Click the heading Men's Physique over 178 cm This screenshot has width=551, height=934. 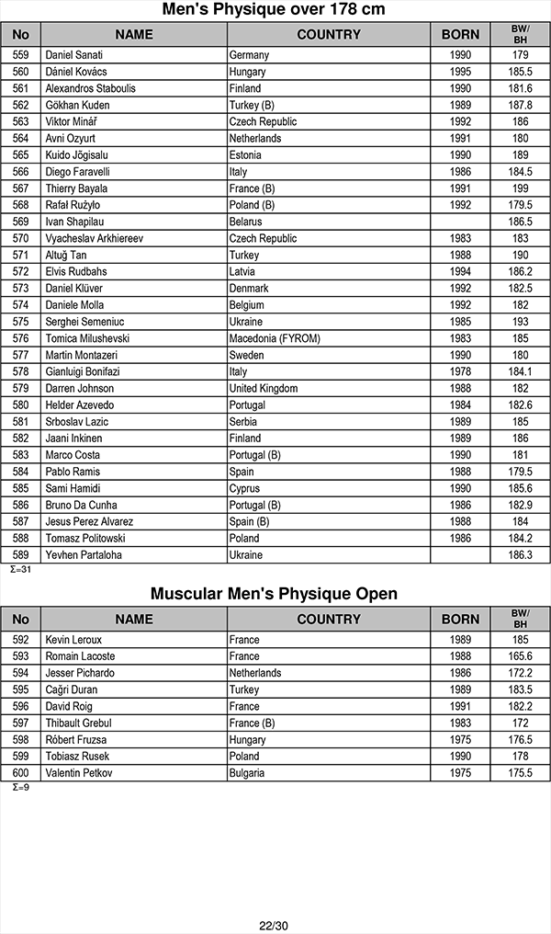[274, 10]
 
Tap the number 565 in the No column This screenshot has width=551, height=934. [21, 155]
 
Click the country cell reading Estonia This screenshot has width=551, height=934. [245, 155]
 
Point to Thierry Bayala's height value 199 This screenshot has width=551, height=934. [521, 188]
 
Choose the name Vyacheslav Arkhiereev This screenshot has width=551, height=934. [96, 239]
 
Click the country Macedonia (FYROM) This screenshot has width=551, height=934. [275, 338]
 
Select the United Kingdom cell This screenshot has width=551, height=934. [264, 389]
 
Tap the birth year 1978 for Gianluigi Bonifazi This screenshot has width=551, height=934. [460, 372]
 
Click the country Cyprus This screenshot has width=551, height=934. [244, 489]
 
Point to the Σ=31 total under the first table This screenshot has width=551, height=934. [20, 570]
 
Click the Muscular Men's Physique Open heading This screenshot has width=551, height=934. [274, 594]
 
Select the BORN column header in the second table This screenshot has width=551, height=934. [460, 620]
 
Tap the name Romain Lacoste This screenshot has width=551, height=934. [80, 656]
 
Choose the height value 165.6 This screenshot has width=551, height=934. [521, 656]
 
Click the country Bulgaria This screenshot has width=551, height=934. [247, 773]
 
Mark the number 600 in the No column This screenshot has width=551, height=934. [21, 773]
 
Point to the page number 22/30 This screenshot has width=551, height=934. [274, 925]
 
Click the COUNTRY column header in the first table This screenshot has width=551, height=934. [329, 35]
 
